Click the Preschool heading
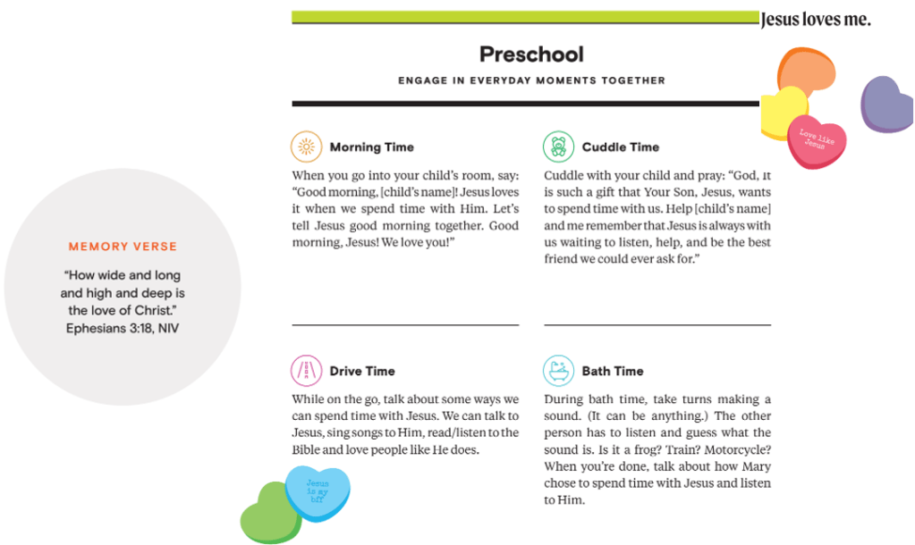(531, 54)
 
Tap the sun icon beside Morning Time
(306, 147)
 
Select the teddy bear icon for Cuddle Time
(558, 147)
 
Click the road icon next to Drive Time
(306, 370)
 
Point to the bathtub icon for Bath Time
(558, 370)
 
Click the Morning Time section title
(371, 147)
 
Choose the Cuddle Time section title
(620, 147)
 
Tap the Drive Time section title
(361, 371)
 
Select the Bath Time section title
(612, 371)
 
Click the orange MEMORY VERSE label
(123, 247)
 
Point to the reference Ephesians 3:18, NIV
(123, 328)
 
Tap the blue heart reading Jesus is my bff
(318, 492)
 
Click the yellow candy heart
(779, 111)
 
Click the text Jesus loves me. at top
(815, 19)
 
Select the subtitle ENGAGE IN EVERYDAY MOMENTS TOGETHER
(531, 80)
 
